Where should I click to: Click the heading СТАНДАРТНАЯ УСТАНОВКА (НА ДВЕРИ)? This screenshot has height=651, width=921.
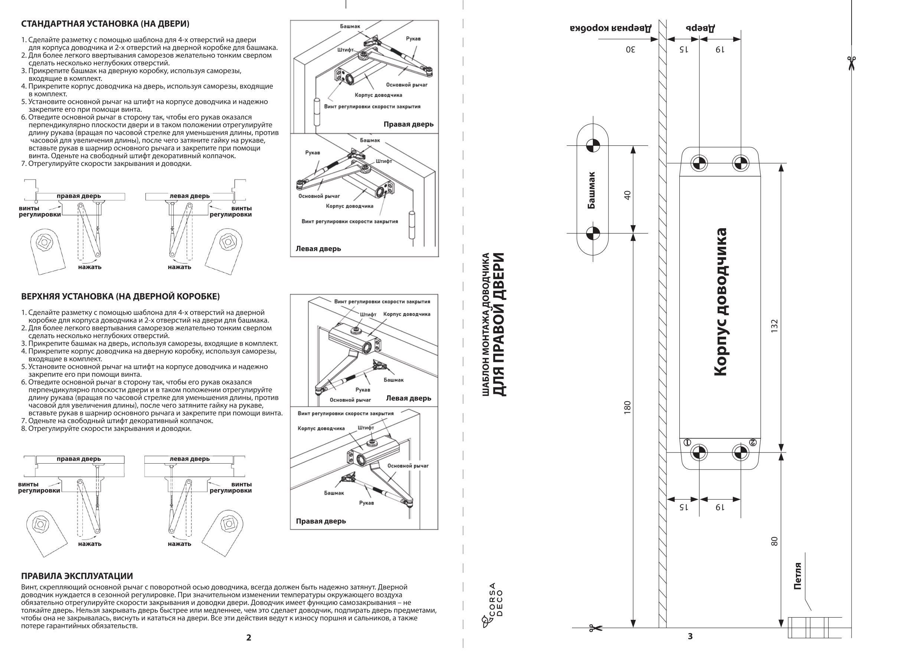click(x=105, y=24)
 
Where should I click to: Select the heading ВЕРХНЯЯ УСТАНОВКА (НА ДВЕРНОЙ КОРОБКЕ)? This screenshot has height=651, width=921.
click(x=120, y=297)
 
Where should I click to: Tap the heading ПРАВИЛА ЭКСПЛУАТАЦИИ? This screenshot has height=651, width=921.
click(x=77, y=576)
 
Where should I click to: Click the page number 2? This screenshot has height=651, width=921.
click(x=249, y=638)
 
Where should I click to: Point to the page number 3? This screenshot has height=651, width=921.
click(x=690, y=636)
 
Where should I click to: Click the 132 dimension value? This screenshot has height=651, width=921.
click(x=774, y=325)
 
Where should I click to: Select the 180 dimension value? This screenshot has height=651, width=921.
click(x=627, y=408)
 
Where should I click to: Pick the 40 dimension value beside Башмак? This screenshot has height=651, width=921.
click(x=627, y=195)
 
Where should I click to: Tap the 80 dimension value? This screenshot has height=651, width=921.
click(x=774, y=541)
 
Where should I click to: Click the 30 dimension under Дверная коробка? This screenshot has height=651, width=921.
click(x=630, y=49)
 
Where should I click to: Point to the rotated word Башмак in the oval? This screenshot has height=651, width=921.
click(x=591, y=190)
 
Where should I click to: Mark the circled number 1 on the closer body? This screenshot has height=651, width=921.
click(x=687, y=442)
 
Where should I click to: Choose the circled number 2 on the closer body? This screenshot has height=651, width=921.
click(x=753, y=442)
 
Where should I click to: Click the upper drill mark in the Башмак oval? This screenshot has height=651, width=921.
click(x=593, y=145)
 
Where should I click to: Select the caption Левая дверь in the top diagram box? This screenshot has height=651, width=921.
click(x=318, y=249)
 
